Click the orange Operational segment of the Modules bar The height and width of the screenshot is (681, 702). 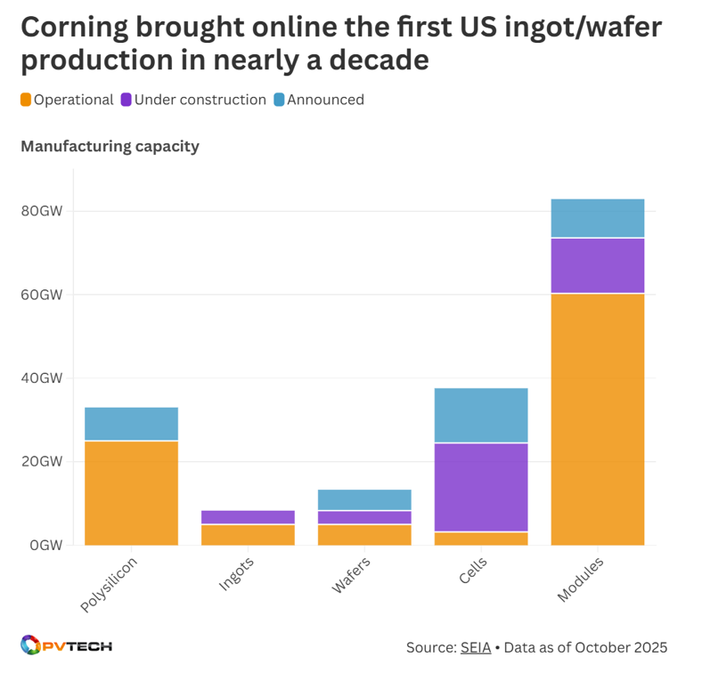point(597,418)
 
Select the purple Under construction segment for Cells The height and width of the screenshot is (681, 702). point(480,487)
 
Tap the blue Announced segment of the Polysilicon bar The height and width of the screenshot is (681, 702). point(131,424)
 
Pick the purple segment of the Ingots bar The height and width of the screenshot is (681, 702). point(248,517)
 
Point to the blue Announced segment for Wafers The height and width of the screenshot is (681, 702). point(364,499)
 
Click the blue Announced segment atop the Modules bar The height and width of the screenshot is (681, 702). point(597,218)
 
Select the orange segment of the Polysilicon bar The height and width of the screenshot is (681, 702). point(131,492)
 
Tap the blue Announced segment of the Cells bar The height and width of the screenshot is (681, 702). point(480,415)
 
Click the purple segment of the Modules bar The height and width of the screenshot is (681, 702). point(597,265)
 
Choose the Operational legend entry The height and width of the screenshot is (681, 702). point(67,100)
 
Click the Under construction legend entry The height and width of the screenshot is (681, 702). point(193,100)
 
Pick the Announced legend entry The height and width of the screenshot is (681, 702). point(318,100)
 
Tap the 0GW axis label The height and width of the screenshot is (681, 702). point(47,545)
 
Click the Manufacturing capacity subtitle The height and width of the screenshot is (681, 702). point(110,146)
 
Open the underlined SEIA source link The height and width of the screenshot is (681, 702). point(476,647)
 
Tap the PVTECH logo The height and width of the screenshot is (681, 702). point(66,645)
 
